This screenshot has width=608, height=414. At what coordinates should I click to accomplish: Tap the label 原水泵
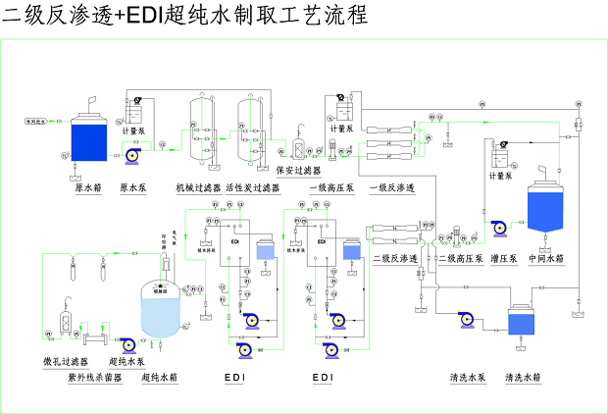point(132,187)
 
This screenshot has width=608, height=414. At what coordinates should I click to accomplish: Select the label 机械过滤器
point(198,187)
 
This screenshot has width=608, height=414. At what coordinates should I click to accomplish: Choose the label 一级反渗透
point(391,187)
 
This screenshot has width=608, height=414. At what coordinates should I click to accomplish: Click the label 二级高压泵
point(448,259)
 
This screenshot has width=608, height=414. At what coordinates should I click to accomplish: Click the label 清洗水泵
point(468,377)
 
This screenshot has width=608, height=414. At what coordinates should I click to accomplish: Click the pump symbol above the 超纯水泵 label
point(127,343)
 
